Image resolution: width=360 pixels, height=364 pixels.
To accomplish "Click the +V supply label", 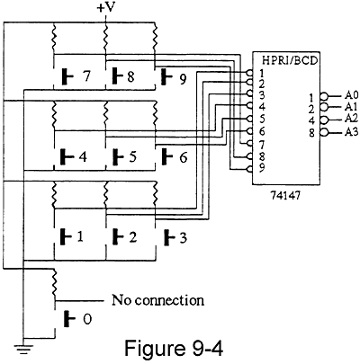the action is (106, 7).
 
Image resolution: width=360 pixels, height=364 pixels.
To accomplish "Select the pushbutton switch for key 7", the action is (67, 76).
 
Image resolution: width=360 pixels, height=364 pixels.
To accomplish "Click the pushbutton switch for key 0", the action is (69, 319).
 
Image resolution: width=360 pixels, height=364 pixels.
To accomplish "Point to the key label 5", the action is (133, 156).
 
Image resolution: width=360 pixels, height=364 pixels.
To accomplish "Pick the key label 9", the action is (183, 79).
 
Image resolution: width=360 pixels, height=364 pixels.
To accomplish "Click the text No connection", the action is (157, 300).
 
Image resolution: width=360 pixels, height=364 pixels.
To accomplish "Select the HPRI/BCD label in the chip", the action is (290, 60).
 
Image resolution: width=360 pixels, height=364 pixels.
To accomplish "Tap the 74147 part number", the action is (285, 195).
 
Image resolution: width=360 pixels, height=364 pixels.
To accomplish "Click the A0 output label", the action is (351, 95).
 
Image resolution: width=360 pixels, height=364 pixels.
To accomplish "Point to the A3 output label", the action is (351, 132).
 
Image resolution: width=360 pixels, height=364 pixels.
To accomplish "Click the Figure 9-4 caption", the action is (174, 348).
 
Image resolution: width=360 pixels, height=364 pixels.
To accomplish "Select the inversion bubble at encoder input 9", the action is (249, 169).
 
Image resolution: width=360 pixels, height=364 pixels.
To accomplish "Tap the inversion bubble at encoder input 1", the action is (249, 73).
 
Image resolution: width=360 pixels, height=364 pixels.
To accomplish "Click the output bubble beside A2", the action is (324, 120).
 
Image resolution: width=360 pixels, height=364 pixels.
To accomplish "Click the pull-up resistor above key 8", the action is (105, 38).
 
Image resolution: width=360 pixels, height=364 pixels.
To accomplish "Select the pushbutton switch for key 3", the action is (169, 238).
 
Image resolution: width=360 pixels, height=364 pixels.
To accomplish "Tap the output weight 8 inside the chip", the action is (312, 133).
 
